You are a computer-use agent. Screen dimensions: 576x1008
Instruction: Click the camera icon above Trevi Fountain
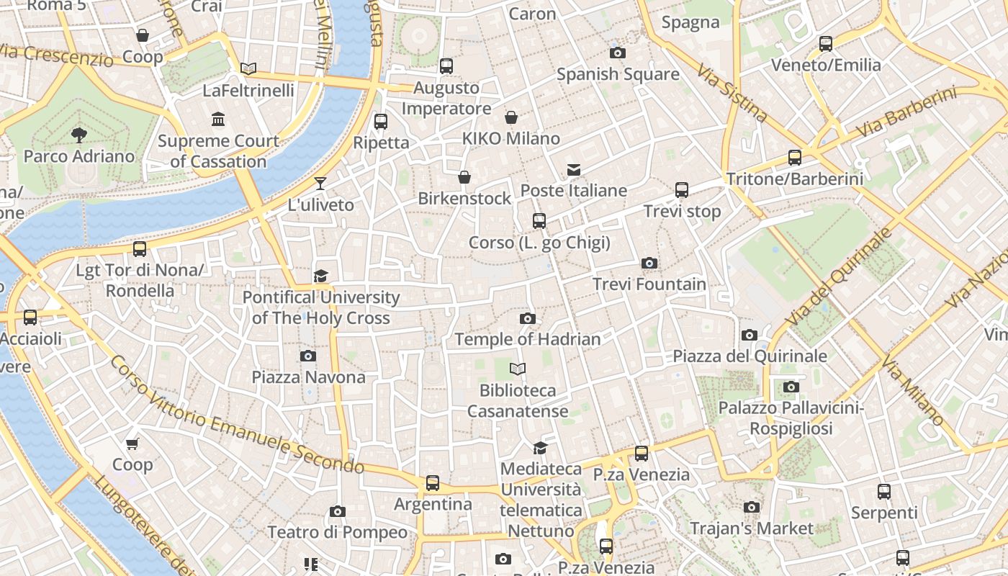pyautogui.click(x=649, y=264)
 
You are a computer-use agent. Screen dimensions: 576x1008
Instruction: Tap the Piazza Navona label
pyautogui.click(x=308, y=377)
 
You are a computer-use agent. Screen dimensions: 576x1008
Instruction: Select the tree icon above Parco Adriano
pyautogui.click(x=78, y=135)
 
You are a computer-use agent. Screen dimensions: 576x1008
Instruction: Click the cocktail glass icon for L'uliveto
pyautogui.click(x=320, y=184)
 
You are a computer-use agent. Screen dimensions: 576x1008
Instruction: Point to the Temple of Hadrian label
pyautogui.click(x=527, y=339)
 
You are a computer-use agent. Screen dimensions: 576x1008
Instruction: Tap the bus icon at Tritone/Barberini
pyautogui.click(x=795, y=158)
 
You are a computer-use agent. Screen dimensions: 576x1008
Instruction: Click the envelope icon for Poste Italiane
pyautogui.click(x=574, y=170)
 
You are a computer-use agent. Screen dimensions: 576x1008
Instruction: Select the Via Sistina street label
pyautogui.click(x=732, y=93)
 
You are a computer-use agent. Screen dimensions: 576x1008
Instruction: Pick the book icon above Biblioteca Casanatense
pyautogui.click(x=517, y=369)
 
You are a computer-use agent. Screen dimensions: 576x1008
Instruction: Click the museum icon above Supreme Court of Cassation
pyautogui.click(x=218, y=119)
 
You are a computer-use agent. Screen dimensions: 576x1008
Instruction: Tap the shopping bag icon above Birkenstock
pyautogui.click(x=464, y=177)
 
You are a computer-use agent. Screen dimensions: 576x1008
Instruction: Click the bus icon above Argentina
pyautogui.click(x=432, y=483)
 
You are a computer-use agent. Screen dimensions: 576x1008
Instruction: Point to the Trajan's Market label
pyautogui.click(x=751, y=528)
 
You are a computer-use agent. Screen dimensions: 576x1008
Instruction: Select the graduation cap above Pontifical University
pyautogui.click(x=320, y=276)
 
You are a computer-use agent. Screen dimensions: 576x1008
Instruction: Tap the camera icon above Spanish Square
pyautogui.click(x=617, y=53)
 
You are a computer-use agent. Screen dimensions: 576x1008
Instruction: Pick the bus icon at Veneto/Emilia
pyautogui.click(x=826, y=44)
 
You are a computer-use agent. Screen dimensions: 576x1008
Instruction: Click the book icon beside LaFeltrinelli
pyautogui.click(x=248, y=69)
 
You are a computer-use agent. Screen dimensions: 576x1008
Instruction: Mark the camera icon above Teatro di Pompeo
pyautogui.click(x=337, y=512)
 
